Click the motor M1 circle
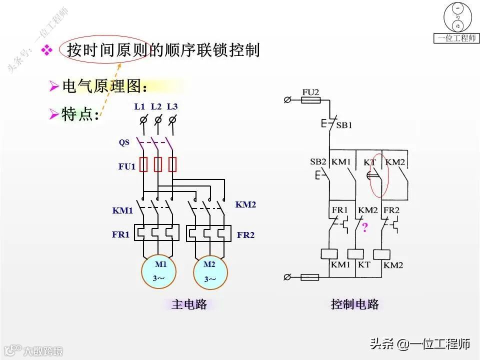click(x=159, y=271)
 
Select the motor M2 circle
click(x=210, y=272)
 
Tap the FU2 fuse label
click(x=310, y=92)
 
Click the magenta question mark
click(x=365, y=228)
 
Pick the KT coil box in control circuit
click(x=355, y=254)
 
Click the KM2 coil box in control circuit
click(x=382, y=254)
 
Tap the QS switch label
click(x=124, y=142)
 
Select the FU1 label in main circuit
click(x=127, y=166)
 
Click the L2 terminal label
click(x=156, y=106)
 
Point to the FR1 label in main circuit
click(x=120, y=234)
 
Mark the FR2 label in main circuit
click(x=245, y=234)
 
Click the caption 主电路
click(x=189, y=304)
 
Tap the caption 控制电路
click(x=355, y=304)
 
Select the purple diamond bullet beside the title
click(x=46, y=50)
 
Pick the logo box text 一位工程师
click(x=457, y=38)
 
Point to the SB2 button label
click(x=318, y=162)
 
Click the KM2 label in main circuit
click(x=245, y=204)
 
